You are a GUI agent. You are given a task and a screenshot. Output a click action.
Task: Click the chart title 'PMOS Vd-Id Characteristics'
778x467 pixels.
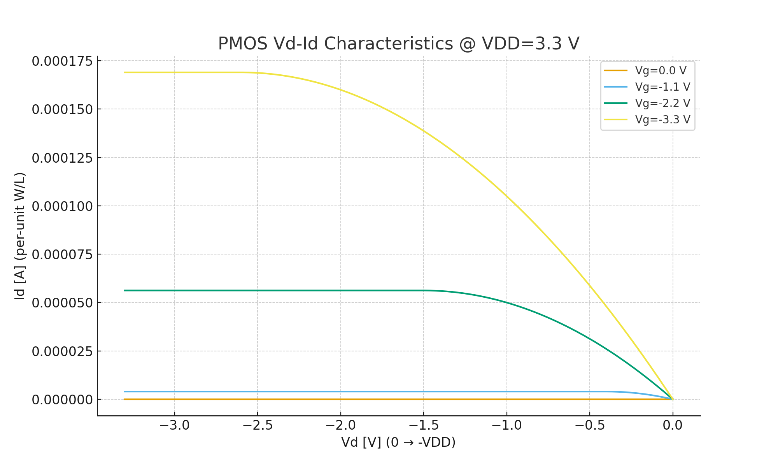(398, 44)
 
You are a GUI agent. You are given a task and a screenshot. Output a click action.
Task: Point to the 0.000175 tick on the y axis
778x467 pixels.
(62, 61)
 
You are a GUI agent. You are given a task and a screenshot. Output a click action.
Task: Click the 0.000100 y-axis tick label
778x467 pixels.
(62, 206)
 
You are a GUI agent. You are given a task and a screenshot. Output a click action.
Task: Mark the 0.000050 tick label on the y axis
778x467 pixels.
(62, 303)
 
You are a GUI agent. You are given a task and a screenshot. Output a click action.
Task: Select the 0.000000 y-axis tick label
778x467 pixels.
(62, 400)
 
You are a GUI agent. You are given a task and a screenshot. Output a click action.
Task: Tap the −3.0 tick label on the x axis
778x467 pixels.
(174, 425)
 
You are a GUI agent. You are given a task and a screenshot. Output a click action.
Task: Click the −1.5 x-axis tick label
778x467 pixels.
(424, 425)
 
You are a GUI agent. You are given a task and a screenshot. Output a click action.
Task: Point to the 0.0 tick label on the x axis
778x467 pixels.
(673, 425)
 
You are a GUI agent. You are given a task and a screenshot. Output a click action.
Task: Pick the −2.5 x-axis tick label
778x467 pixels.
(258, 425)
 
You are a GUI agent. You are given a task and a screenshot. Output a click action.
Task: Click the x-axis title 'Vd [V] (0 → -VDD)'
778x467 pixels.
(398, 442)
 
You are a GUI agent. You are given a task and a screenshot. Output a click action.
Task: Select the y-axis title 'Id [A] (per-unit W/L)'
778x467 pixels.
(20, 236)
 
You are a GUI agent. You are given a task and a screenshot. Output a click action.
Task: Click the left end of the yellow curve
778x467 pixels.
(124, 72)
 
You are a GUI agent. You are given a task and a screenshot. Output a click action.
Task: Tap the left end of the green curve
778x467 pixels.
(124, 290)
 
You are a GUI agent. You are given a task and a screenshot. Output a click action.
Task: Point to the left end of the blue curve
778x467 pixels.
(124, 392)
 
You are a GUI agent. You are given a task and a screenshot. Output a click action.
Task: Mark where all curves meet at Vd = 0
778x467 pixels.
(673, 399)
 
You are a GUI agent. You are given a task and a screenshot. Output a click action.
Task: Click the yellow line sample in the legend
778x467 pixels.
(616, 120)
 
